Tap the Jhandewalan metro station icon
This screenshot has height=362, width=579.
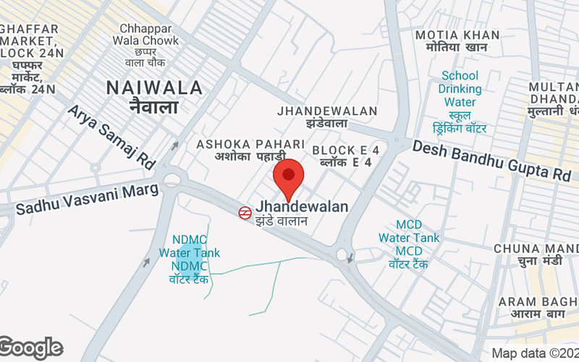(x=245, y=212)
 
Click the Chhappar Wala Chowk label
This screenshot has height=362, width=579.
(x=145, y=40)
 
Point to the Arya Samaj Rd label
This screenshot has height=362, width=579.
(x=112, y=137)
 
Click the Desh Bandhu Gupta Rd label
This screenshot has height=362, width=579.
(x=491, y=160)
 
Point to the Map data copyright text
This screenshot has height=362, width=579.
(x=534, y=353)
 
